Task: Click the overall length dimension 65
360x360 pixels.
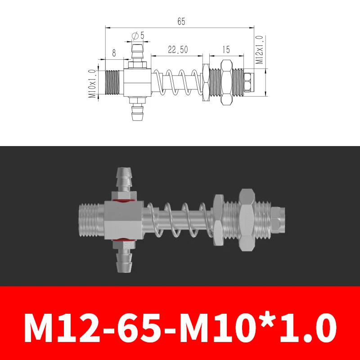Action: (181, 21)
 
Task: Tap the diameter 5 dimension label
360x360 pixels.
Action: (138, 35)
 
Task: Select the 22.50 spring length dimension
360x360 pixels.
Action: (178, 50)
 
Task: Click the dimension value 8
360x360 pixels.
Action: (114, 53)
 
